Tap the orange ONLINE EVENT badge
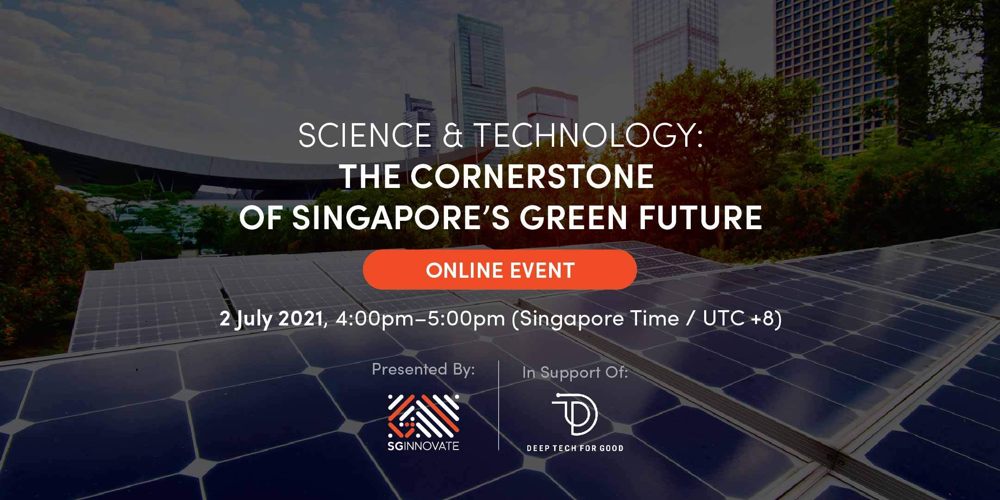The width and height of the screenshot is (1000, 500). pos(500,270)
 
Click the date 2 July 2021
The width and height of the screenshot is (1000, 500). pos(271,319)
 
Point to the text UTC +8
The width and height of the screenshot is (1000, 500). pos(738,319)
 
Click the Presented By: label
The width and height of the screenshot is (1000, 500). pos(423,369)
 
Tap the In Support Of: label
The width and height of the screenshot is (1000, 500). pos(575,373)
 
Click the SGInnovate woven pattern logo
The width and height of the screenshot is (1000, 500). pos(423,416)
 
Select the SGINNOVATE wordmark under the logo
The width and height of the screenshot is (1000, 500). pos(423,445)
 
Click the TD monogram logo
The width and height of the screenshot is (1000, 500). pos(575,414)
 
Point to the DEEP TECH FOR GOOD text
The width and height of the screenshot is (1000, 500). pos(575,448)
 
